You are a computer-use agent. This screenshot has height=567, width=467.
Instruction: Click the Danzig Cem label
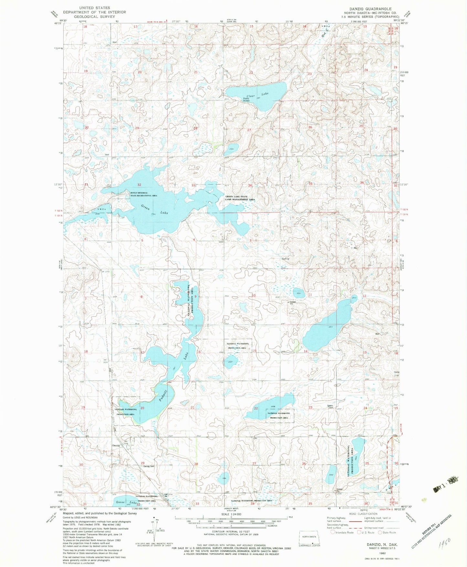tap(149, 466)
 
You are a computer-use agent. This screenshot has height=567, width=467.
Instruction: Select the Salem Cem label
tap(330, 407)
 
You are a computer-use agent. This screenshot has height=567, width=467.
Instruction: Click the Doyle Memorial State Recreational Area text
tap(143, 194)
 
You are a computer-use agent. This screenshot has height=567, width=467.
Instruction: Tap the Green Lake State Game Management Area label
tap(240, 198)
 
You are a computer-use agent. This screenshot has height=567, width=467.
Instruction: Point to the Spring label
tap(285, 259)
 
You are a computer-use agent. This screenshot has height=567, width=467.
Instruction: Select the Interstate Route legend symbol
tap(333, 532)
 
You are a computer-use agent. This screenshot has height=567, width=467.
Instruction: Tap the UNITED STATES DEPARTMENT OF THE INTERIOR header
tap(94, 12)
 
